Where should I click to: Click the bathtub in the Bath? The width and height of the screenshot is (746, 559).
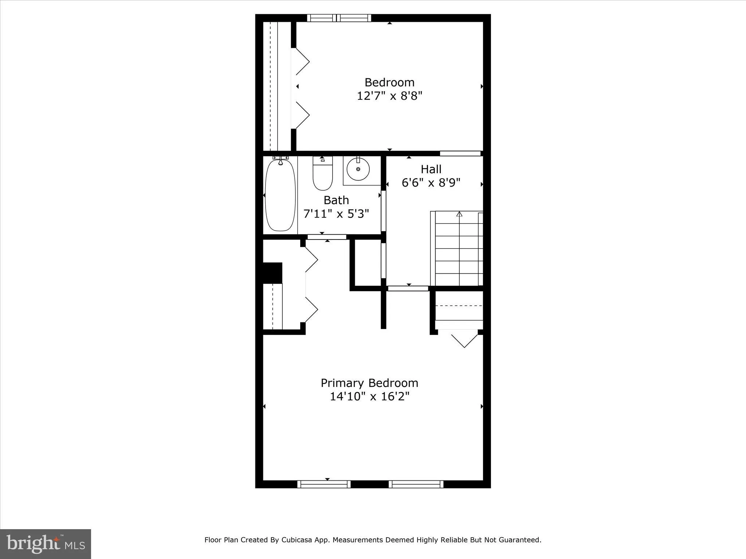(x=280, y=195)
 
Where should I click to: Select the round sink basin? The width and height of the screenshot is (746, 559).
(x=358, y=169)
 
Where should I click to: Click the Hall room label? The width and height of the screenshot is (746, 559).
(x=431, y=169)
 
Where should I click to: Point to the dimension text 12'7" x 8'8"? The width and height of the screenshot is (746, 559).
(x=389, y=96)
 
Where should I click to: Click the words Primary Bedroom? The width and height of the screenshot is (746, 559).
(x=369, y=383)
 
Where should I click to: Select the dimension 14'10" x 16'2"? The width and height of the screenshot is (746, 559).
(x=369, y=396)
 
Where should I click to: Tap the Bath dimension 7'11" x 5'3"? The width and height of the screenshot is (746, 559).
(x=336, y=214)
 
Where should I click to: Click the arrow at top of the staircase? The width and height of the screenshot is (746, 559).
(x=459, y=214)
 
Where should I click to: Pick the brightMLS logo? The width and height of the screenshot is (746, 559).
(x=46, y=544)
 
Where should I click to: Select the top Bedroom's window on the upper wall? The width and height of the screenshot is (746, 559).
(x=339, y=18)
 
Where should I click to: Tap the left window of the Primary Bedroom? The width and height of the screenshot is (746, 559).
(x=324, y=484)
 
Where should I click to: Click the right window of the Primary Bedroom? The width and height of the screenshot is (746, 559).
(x=416, y=484)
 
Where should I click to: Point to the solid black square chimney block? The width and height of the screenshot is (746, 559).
(x=272, y=273)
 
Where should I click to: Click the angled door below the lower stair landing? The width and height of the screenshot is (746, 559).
(x=464, y=340)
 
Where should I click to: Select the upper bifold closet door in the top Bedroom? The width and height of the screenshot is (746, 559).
(x=302, y=62)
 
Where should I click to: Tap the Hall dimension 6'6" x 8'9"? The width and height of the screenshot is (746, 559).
(x=431, y=183)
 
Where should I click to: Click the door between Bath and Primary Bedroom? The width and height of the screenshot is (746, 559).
(x=327, y=237)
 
